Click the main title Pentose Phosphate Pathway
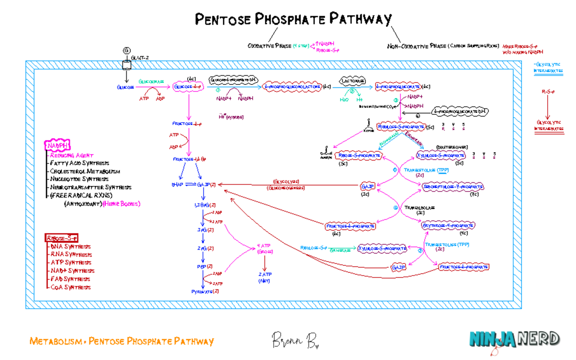(293, 19)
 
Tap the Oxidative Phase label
(269, 46)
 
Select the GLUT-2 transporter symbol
(127, 64)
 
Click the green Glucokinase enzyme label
(151, 82)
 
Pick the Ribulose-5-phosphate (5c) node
(401, 127)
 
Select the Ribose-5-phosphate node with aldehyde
(360, 155)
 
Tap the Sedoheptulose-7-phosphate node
(446, 187)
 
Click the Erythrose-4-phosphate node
(448, 225)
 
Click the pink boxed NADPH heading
(58, 145)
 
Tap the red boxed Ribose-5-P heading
(61, 238)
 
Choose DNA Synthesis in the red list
(70, 246)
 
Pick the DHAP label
(177, 184)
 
